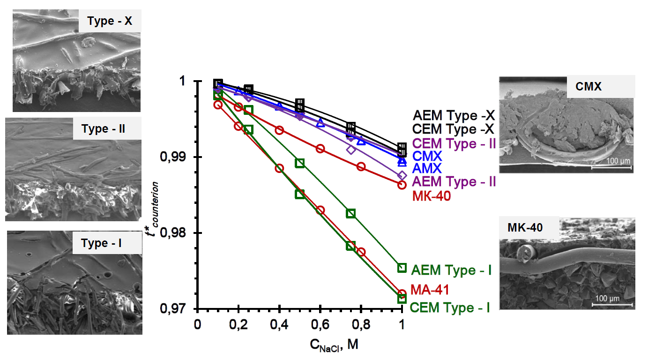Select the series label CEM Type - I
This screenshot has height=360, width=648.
(450, 308)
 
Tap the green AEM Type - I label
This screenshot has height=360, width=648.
(451, 270)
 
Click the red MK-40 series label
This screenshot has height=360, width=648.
(431, 196)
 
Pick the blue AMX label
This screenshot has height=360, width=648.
(427, 168)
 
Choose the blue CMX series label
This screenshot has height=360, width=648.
(427, 156)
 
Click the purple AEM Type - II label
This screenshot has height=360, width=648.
(454, 181)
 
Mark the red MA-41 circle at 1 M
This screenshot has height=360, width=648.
(402, 294)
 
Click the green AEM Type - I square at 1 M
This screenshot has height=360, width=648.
(402, 268)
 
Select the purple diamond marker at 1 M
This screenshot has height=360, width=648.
(402, 176)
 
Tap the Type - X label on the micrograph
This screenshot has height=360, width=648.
(110, 22)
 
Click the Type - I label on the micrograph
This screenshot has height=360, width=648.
(101, 243)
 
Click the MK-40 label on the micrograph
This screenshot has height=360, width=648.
(525, 228)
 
